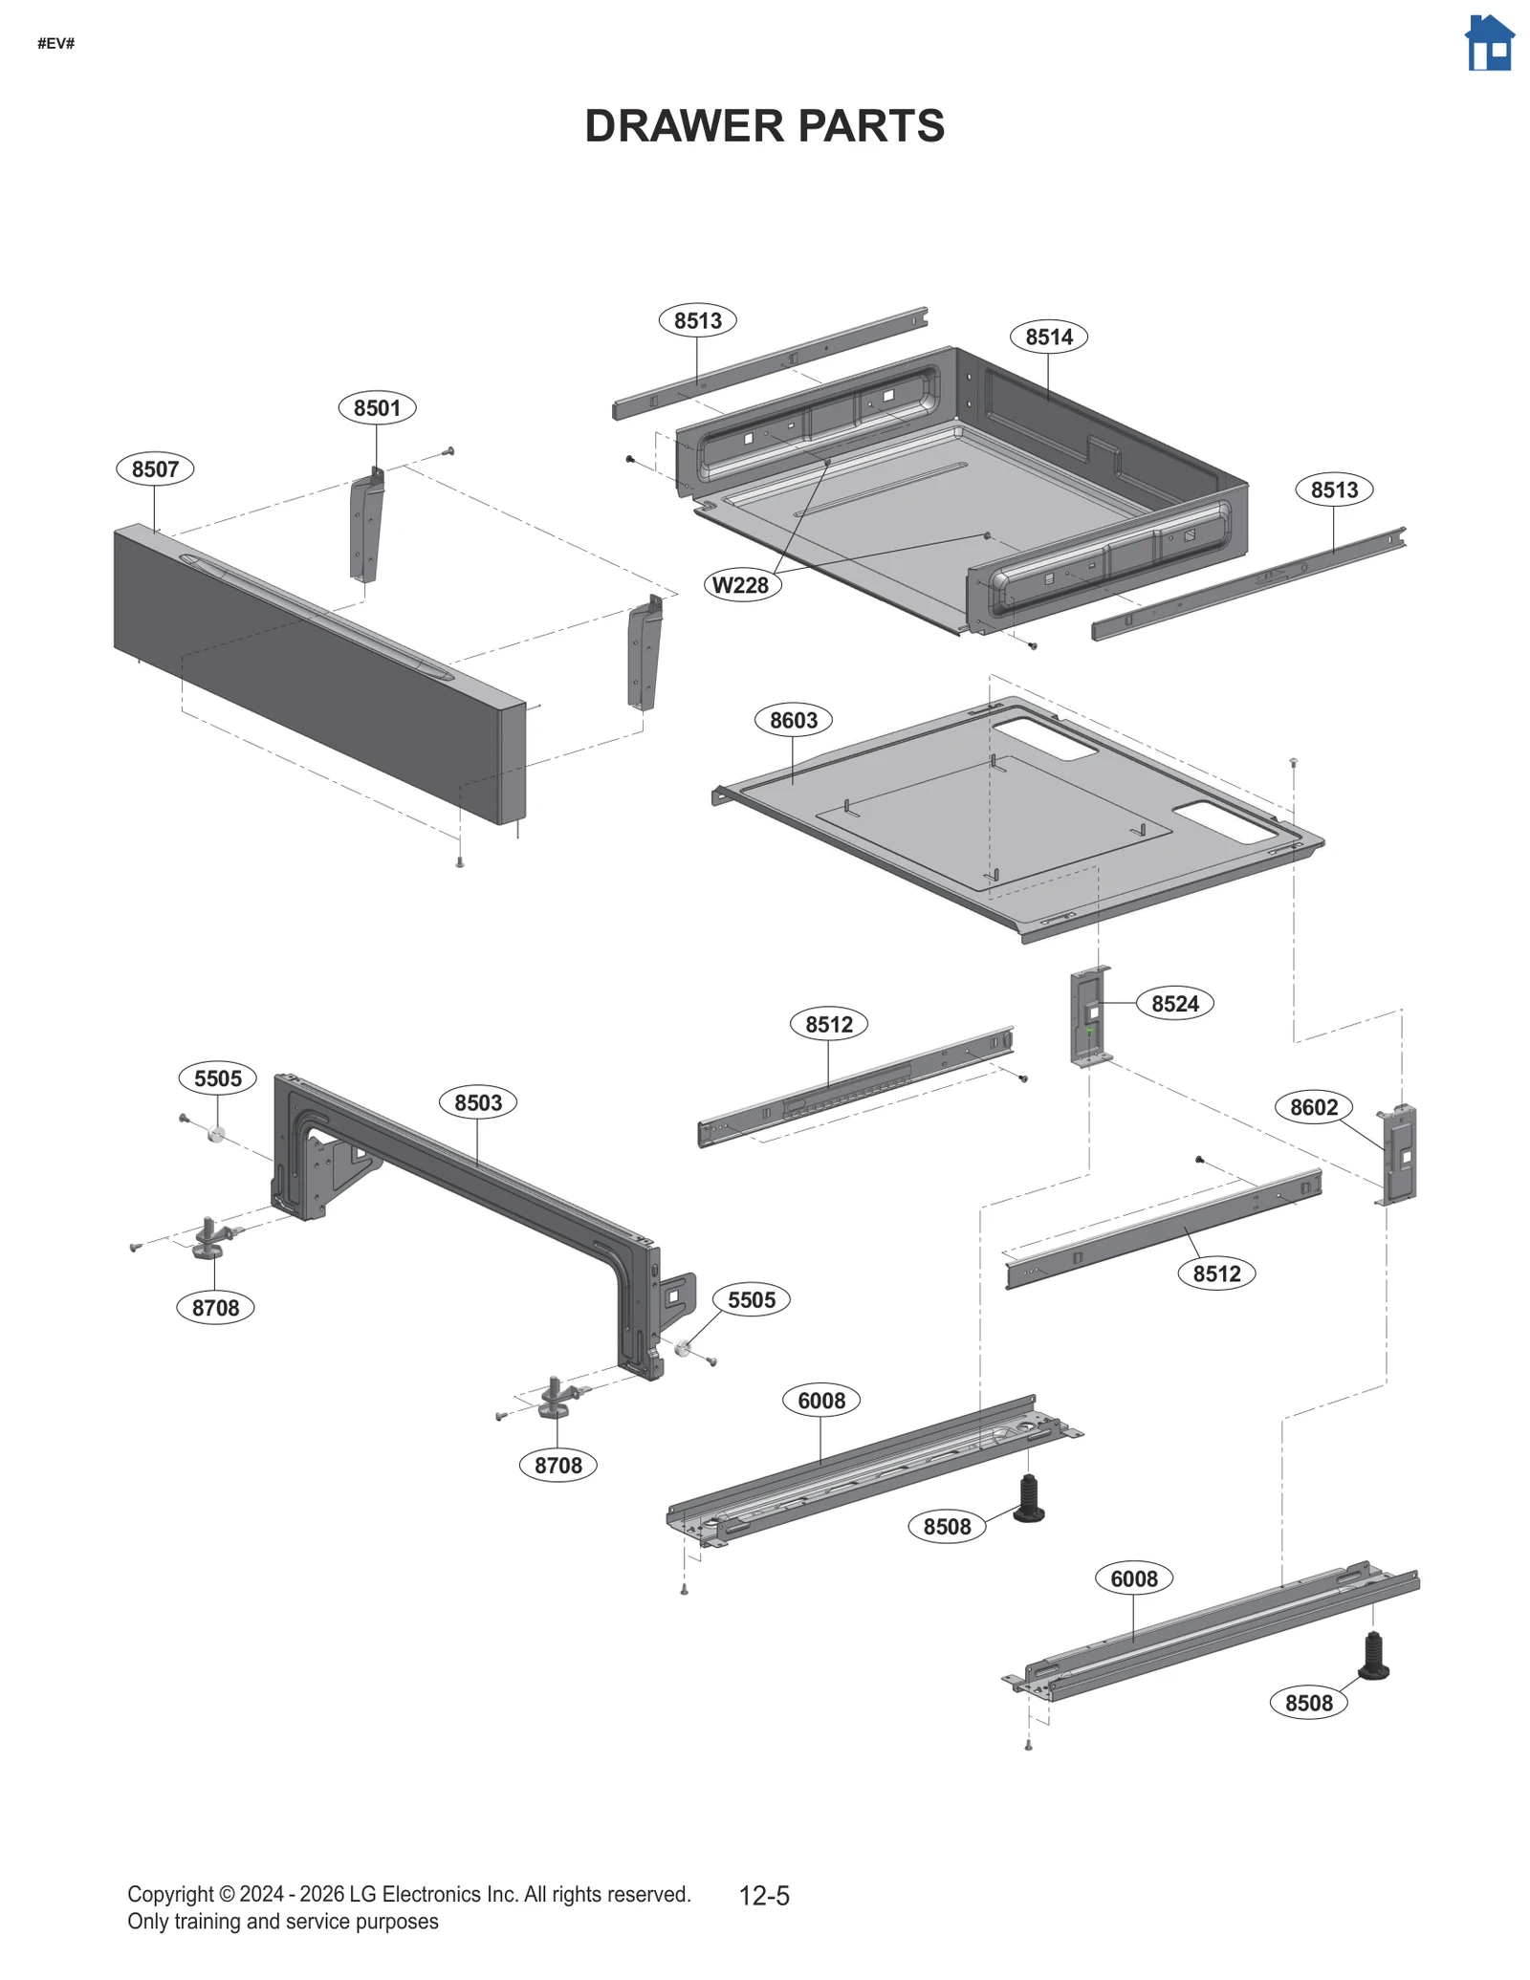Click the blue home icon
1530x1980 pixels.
click(1489, 44)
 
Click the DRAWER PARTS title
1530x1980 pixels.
click(764, 126)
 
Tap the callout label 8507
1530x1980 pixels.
click(155, 469)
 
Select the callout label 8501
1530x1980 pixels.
click(377, 408)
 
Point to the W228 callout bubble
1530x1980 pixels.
click(741, 585)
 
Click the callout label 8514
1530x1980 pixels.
click(1049, 337)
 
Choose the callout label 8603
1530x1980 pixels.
click(794, 720)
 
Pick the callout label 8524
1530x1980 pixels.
click(1174, 1004)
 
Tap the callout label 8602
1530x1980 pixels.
click(1314, 1107)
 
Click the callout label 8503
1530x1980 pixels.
click(478, 1102)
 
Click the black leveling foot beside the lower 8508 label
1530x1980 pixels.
click(1373, 1657)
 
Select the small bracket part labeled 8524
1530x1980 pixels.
click(1090, 1017)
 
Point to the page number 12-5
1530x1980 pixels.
click(764, 1895)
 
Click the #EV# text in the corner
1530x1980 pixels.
click(56, 44)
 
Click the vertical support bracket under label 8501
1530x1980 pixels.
click(366, 528)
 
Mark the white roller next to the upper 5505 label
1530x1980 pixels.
click(217, 1135)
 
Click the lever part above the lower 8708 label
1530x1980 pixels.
click(557, 1398)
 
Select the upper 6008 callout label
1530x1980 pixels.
click(821, 1401)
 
